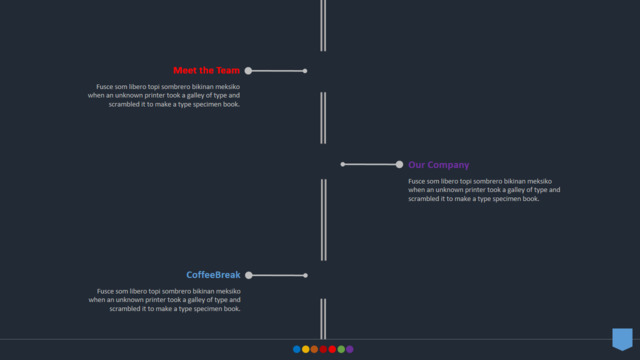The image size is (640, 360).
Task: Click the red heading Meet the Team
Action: point(207,71)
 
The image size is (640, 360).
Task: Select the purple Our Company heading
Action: point(439,165)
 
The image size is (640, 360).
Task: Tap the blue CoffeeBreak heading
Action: point(213,275)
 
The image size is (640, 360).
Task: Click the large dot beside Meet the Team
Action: point(248,71)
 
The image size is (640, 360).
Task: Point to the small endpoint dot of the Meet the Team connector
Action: point(305,71)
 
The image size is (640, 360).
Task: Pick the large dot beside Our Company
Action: point(399,164)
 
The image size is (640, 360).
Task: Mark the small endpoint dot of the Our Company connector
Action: point(343,164)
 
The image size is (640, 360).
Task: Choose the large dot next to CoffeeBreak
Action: point(249,275)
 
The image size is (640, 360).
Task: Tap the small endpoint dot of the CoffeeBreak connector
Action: point(305,276)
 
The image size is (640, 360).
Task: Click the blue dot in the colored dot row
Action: point(297,349)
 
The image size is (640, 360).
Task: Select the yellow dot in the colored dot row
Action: point(306,349)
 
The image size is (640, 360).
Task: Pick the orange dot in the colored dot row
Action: point(314,349)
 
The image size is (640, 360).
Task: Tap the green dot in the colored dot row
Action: point(341,349)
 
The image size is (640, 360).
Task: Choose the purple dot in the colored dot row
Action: point(350,349)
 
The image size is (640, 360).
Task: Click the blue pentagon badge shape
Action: point(622,339)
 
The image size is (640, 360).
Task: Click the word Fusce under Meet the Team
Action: point(104,87)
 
